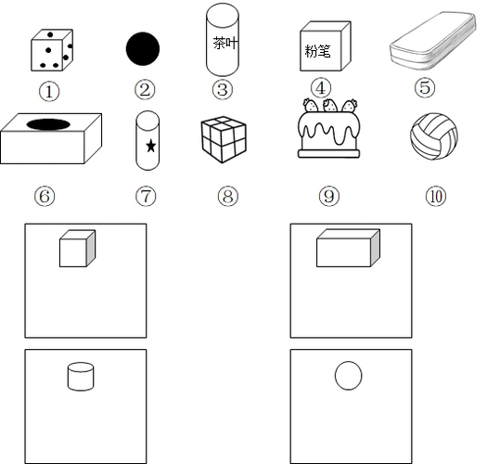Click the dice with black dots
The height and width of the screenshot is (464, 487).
52,50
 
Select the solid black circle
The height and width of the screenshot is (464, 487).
143,49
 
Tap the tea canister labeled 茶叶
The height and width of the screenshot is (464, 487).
223,40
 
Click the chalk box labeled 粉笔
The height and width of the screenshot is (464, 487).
326,46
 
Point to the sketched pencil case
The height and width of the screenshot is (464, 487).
432,40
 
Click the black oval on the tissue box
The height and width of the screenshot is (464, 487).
48,124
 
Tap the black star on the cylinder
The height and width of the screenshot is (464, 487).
151,146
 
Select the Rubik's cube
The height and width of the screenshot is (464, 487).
224,139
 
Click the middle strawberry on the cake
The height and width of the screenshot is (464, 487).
330,105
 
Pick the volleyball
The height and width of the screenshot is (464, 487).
434,136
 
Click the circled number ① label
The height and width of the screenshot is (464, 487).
49,91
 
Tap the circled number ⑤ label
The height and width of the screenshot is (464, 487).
425,87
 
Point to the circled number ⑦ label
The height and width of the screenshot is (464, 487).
146,196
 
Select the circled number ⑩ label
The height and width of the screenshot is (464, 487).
436,196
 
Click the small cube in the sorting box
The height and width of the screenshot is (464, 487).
77,249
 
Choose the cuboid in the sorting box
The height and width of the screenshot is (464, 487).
348,248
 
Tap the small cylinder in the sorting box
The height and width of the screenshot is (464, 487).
81,376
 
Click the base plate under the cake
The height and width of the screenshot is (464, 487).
329,153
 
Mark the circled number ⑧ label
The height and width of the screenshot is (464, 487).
228,196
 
